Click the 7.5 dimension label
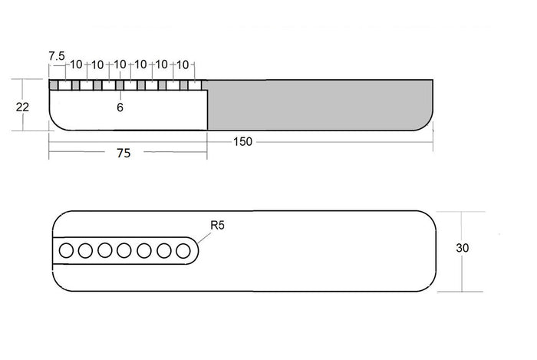pyautogui.click(x=57, y=56)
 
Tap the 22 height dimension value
pyautogui.click(x=22, y=107)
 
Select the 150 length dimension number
pyautogui.click(x=242, y=141)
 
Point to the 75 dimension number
pyautogui.click(x=124, y=153)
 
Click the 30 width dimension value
pyautogui.click(x=463, y=248)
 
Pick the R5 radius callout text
pyautogui.click(x=217, y=226)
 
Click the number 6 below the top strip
pyautogui.click(x=120, y=107)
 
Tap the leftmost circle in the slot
pyautogui.click(x=66, y=250)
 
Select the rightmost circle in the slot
pyautogui.click(x=183, y=251)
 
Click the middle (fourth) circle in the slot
pyautogui.click(x=124, y=251)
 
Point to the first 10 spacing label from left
pyautogui.click(x=76, y=64)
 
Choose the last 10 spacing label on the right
pyautogui.click(x=183, y=64)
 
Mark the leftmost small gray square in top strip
pyautogui.click(x=53, y=85)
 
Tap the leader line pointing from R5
pyautogui.click(x=204, y=238)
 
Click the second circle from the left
pyautogui.click(x=85, y=251)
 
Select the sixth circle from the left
pyautogui.click(x=164, y=251)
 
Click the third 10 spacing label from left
pyautogui.click(x=120, y=64)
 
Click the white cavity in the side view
pyautogui.click(x=128, y=111)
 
